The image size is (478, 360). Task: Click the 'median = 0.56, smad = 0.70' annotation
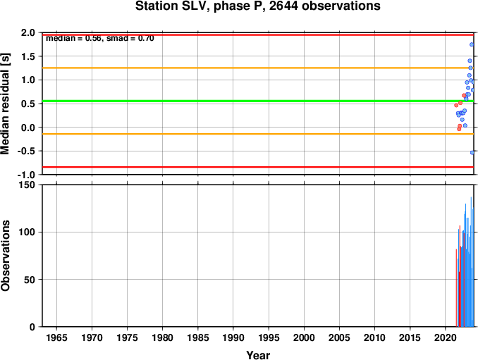click(x=100, y=38)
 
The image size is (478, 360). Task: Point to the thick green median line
click(x=258, y=101)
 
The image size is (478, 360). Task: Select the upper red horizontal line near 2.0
click(x=258, y=35)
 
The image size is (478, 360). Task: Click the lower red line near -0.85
click(x=258, y=167)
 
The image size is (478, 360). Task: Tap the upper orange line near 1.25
click(x=258, y=68)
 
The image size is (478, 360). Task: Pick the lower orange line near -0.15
click(x=258, y=134)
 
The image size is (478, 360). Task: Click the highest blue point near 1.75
click(x=472, y=44)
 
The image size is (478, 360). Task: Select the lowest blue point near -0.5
click(x=472, y=153)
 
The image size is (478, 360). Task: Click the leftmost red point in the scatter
click(x=456, y=105)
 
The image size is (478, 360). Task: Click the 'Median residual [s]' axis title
click(x=5, y=104)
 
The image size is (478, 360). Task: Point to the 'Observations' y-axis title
click(x=5, y=256)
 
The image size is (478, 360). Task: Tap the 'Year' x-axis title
click(x=258, y=355)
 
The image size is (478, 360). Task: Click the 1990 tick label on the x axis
click(x=233, y=337)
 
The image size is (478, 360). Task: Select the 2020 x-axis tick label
click(x=446, y=337)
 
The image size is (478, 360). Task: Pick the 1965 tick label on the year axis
click(x=56, y=337)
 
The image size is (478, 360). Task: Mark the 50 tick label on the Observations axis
click(x=30, y=280)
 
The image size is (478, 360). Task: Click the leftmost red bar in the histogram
click(x=456, y=288)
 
